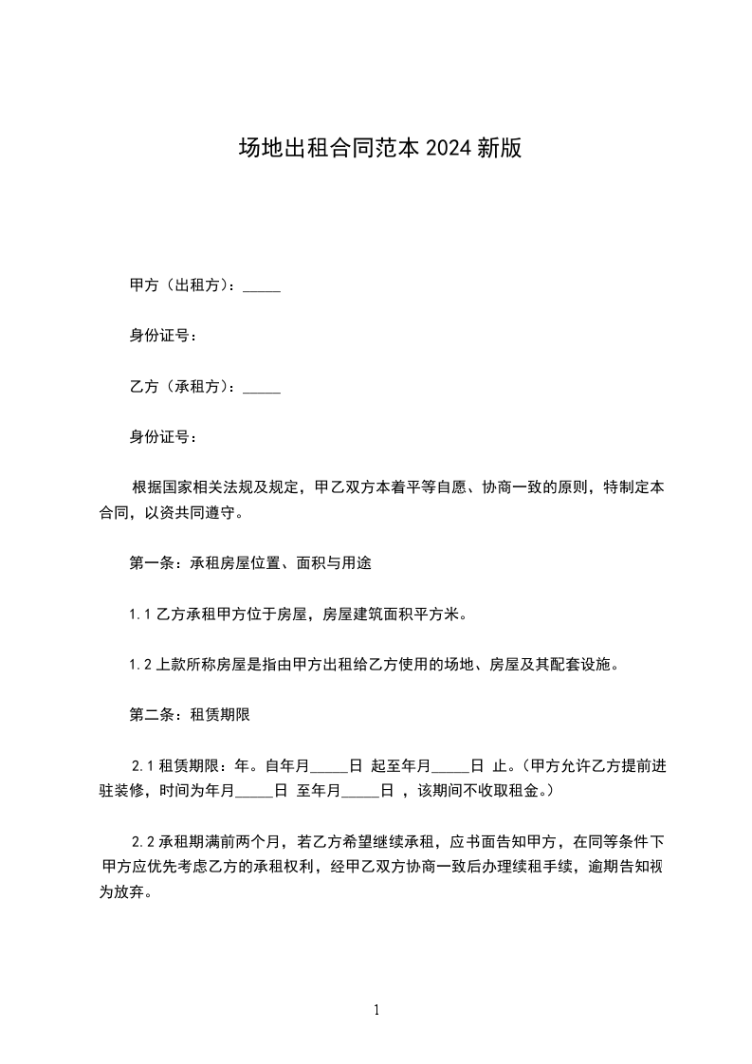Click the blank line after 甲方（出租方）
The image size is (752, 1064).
point(262,286)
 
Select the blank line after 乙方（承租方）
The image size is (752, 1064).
point(262,388)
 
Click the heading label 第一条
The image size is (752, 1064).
point(149,563)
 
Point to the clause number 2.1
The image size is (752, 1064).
point(142,765)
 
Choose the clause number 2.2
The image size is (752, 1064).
point(142,841)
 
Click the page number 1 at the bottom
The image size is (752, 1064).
point(376,1011)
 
